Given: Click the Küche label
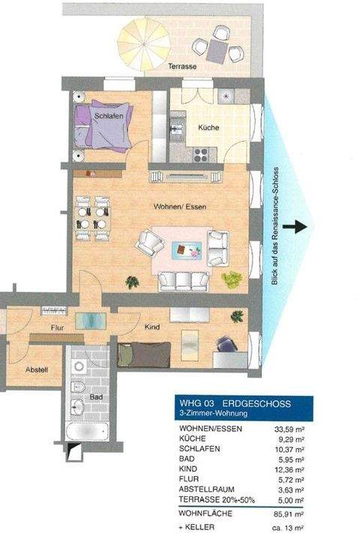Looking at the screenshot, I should point(208,128).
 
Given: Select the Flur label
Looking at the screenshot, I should point(55,328).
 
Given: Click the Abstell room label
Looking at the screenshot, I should point(37,369).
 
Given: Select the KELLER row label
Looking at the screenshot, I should point(198,526).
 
